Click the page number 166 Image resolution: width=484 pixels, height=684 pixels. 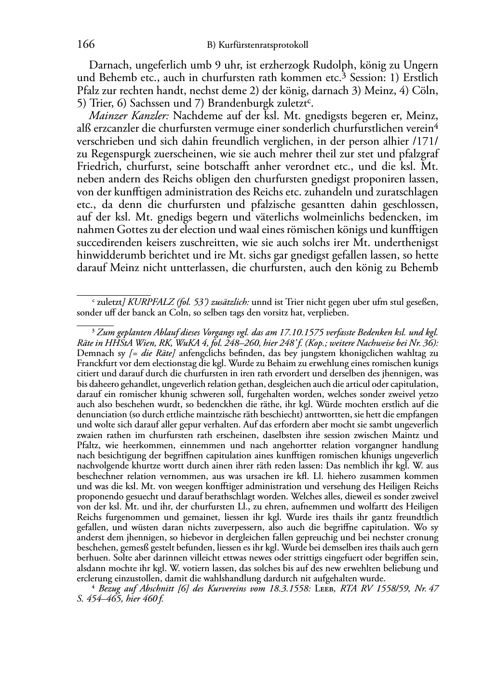click(x=85, y=45)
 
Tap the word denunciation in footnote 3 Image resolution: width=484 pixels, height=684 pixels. click(x=102, y=414)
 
